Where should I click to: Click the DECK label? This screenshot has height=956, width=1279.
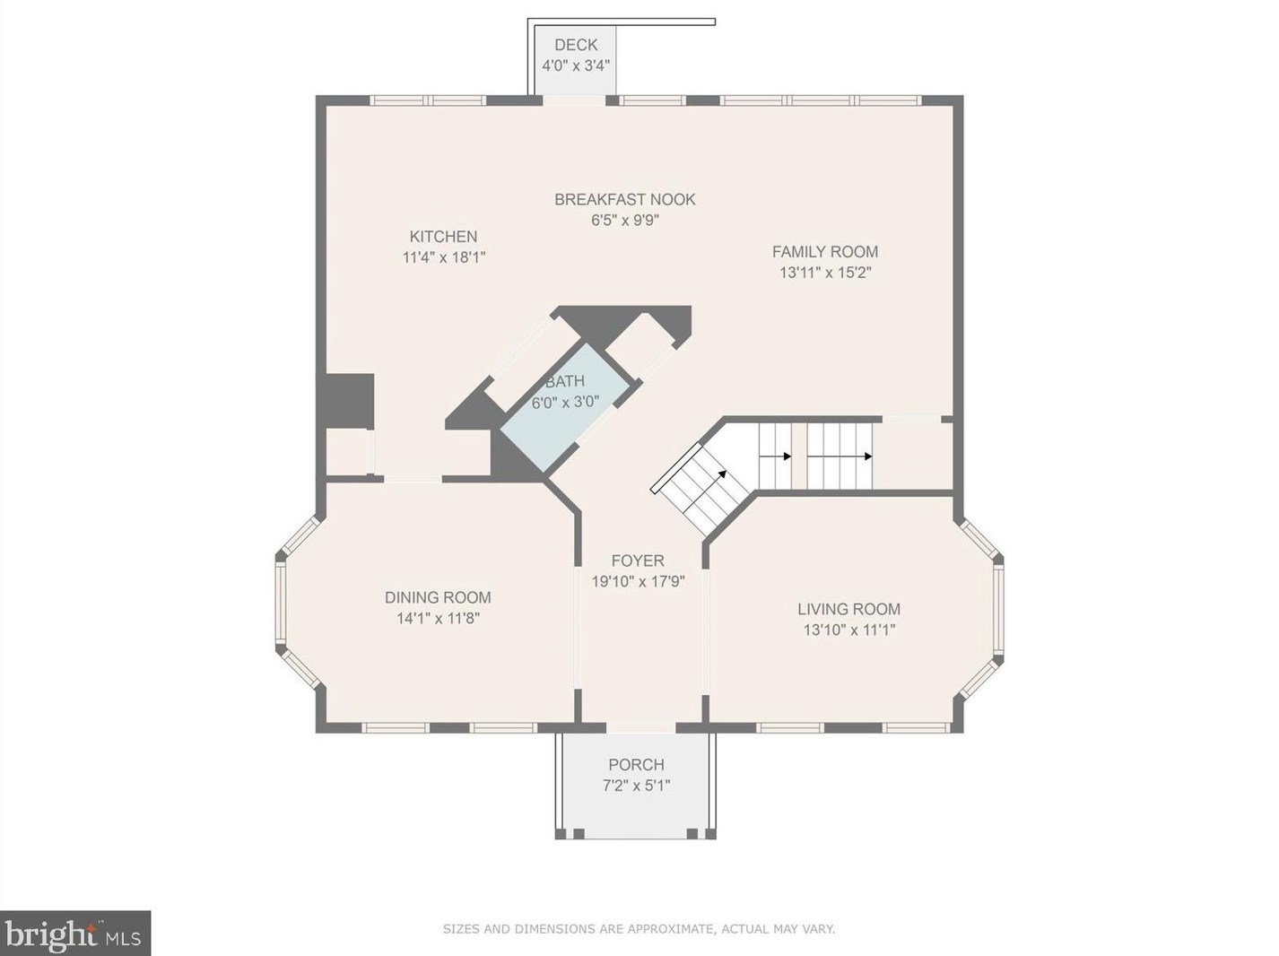pos(576,45)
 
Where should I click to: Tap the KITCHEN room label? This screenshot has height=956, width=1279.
pos(443,237)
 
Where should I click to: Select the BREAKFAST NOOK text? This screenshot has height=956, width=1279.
pos(624,199)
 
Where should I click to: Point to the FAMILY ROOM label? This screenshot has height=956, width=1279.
pos(825,252)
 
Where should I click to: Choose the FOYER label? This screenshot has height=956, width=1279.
pos(638,561)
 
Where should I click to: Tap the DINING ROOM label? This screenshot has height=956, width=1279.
pos(438,597)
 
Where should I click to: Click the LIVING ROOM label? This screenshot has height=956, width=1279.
pos(849,609)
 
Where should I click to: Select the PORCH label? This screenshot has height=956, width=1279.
pos(636,764)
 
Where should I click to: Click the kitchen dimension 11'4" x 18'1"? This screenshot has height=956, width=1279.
pos(444,257)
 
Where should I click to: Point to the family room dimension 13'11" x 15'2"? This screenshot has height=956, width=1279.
pos(825,273)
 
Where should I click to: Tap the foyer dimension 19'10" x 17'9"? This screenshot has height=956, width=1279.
pos(638,581)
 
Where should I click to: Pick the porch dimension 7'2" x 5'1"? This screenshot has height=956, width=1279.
pos(636,786)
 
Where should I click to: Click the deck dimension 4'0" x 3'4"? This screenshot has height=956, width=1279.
pos(576,65)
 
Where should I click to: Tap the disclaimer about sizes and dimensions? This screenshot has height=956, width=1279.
pos(639,912)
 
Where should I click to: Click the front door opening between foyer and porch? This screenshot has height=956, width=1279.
pos(641,727)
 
